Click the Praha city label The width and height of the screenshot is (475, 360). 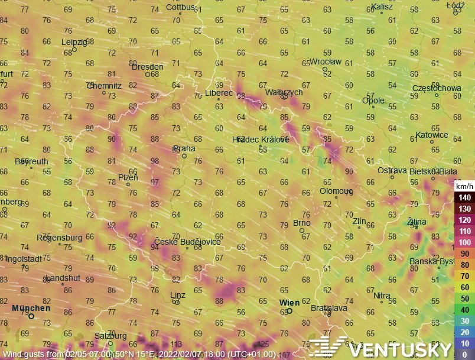pyautogui.click(x=183, y=148)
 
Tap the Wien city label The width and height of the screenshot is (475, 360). pyautogui.click(x=289, y=303)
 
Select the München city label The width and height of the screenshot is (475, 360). pyautogui.click(x=31, y=308)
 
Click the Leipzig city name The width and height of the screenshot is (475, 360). pyautogui.click(x=74, y=42)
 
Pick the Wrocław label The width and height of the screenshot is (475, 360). pyautogui.click(x=326, y=61)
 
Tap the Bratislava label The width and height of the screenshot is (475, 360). pyautogui.click(x=328, y=308)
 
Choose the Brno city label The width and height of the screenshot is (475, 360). pyautogui.click(x=302, y=223)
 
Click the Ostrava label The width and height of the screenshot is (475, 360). pyautogui.click(x=392, y=170)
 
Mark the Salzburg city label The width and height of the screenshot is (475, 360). pyautogui.click(x=110, y=336)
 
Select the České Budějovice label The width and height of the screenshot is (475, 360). pyautogui.click(x=187, y=242)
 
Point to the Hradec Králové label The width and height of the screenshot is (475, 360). pyautogui.click(x=261, y=139)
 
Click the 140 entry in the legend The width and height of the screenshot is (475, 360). pyautogui.click(x=464, y=197)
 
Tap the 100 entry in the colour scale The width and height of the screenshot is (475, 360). pyautogui.click(x=464, y=243)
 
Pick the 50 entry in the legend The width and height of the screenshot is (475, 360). pyautogui.click(x=464, y=299)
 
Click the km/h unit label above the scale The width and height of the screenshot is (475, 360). pyautogui.click(x=464, y=186)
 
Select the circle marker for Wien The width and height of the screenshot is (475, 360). pyautogui.click(x=289, y=311)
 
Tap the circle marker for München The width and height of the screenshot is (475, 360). pyautogui.click(x=31, y=316)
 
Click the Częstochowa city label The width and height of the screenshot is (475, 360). pyautogui.click(x=437, y=88)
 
